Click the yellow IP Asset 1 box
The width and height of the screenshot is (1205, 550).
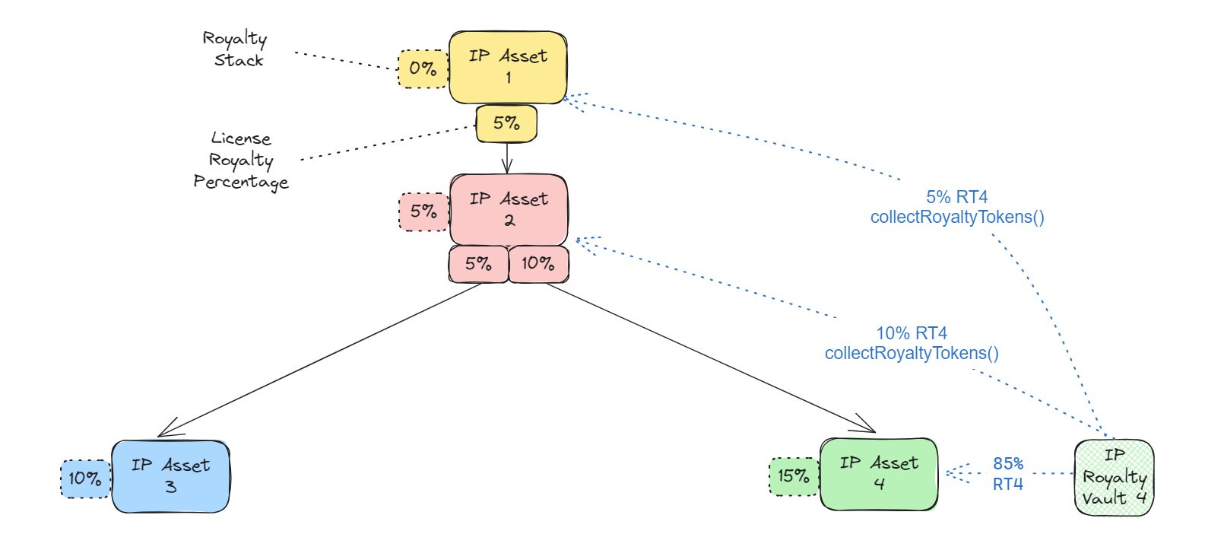[507, 67]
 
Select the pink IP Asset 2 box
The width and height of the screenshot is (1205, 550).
[509, 210]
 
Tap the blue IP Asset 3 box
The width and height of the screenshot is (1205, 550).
[170, 476]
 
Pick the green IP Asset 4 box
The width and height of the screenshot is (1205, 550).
[878, 474]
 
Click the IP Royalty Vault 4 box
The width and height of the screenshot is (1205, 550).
[1114, 477]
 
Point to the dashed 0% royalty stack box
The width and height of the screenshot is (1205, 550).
[423, 68]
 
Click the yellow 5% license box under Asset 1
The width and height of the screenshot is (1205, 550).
[506, 123]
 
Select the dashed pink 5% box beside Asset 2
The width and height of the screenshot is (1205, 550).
[423, 211]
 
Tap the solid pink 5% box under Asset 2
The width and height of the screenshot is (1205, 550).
[478, 264]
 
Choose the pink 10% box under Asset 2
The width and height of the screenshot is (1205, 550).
[537, 264]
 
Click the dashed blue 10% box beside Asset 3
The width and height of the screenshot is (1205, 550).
[85, 478]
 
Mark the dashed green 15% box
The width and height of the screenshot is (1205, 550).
[794, 476]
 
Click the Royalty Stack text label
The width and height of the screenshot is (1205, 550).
[236, 49]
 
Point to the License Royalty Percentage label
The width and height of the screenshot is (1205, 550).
[241, 161]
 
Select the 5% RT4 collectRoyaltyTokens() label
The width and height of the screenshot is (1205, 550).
[957, 207]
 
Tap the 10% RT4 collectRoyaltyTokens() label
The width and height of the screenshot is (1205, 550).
[912, 343]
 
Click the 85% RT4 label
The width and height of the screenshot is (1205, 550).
[1008, 473]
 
